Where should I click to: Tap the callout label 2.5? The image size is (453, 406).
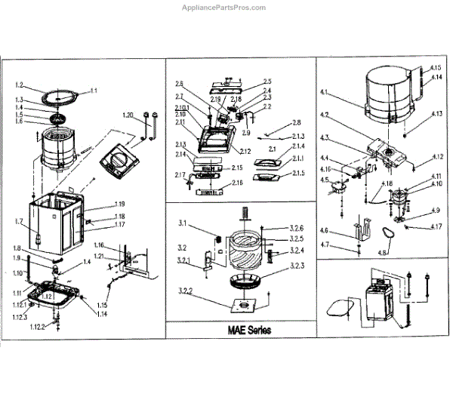pos(267,82)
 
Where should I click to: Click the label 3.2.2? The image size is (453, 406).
pos(186,292)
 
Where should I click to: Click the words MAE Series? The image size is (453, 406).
pos(244,331)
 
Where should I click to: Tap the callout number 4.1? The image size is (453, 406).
pos(325,93)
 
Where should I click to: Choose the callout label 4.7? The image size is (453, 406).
pos(325,245)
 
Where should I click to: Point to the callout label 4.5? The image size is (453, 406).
pos(325,180)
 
